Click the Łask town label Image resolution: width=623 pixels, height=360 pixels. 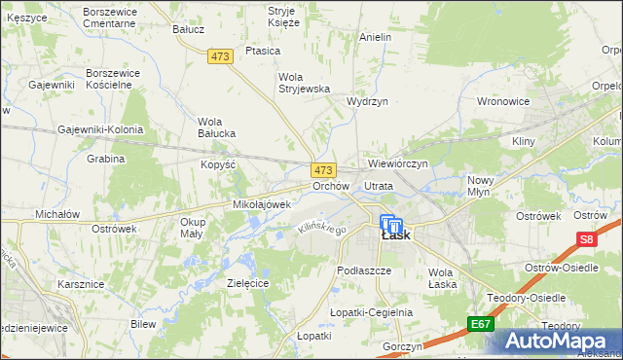point(395,234)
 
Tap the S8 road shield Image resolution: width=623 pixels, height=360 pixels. point(585,238)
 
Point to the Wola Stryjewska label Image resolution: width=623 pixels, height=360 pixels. point(305,83)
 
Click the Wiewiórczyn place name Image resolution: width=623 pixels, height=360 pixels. point(398,164)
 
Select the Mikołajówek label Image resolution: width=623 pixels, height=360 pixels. point(262,205)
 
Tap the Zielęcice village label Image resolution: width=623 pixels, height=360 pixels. point(247,282)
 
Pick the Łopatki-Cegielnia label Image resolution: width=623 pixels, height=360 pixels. point(371,312)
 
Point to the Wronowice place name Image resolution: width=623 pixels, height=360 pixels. point(502,101)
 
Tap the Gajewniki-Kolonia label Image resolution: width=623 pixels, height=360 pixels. point(100,129)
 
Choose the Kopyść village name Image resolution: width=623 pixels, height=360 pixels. point(219,165)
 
